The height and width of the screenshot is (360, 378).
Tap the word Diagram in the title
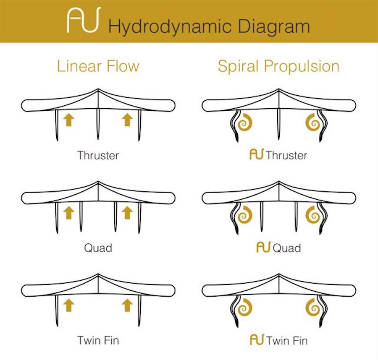point(274,27)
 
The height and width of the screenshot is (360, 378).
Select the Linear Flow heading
point(98,66)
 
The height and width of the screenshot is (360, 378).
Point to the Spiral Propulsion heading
point(278,66)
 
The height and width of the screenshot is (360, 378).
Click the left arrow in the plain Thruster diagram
point(69,120)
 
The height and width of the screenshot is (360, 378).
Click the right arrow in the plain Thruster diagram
point(127,120)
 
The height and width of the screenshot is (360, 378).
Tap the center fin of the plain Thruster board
point(98,124)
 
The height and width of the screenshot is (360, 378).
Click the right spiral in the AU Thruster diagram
point(313,123)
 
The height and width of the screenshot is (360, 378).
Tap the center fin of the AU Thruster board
point(279,124)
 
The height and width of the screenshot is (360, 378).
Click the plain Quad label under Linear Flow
point(98,248)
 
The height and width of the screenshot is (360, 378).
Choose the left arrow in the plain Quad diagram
point(69,213)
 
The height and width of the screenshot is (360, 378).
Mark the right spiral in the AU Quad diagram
point(313,215)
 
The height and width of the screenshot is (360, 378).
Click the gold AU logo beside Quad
point(263,247)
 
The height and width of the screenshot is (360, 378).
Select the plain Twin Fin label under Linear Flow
point(98,340)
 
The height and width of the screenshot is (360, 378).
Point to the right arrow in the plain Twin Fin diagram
point(127,305)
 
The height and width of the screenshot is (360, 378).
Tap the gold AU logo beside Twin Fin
point(257,339)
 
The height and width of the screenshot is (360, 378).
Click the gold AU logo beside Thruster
point(257,154)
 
